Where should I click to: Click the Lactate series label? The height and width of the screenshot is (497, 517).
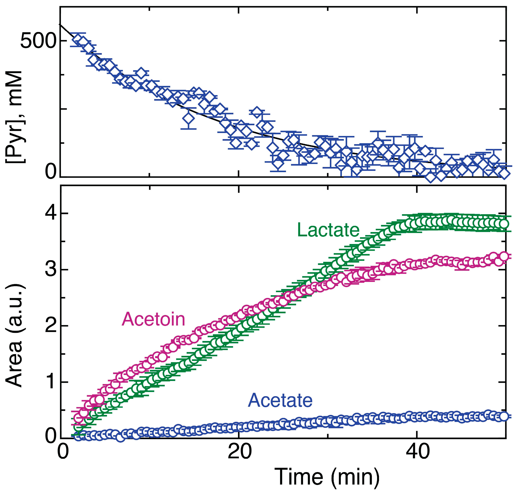click(328, 230)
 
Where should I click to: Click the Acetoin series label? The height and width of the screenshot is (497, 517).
click(153, 319)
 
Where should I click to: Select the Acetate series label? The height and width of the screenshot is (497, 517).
click(280, 400)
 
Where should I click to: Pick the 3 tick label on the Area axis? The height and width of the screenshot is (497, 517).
click(51, 269)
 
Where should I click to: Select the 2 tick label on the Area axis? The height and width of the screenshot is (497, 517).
click(51, 326)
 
